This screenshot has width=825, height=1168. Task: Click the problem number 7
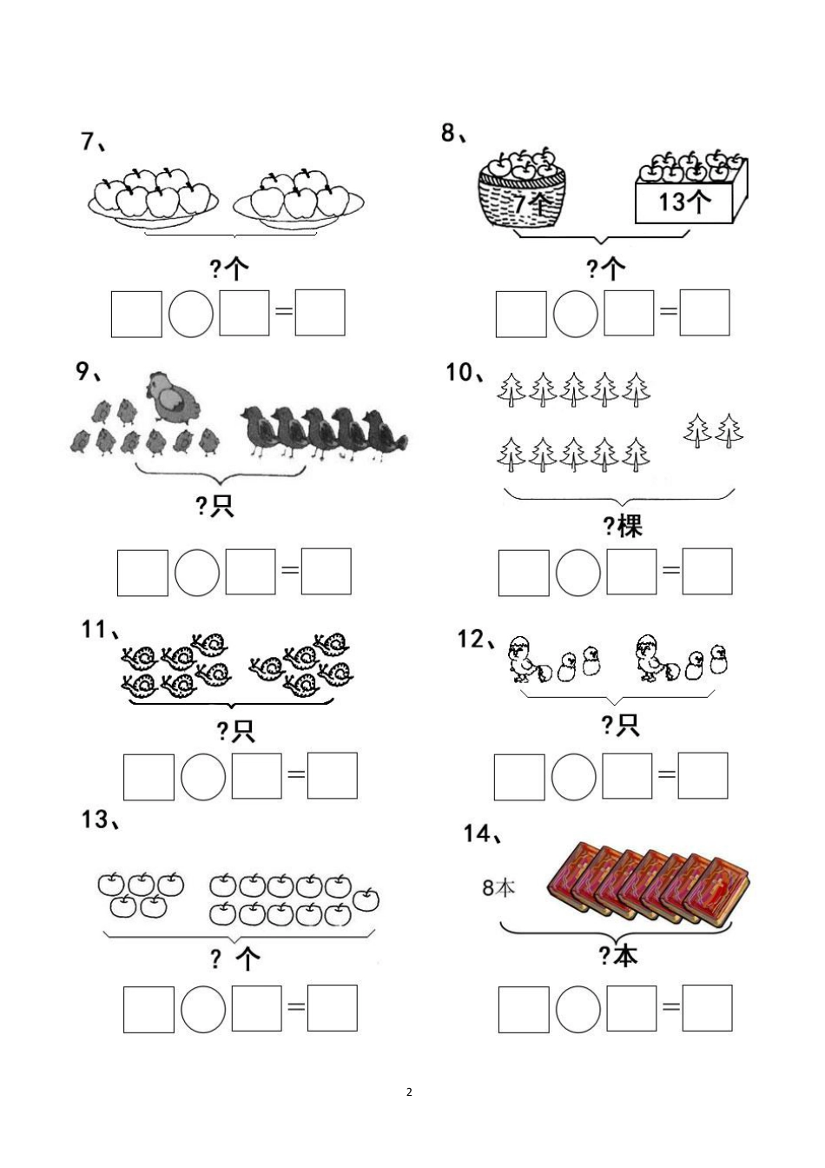(87, 141)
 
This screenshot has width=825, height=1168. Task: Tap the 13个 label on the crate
(684, 202)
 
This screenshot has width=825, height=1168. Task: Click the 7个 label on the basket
(530, 205)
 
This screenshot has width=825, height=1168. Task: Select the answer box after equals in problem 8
(704, 313)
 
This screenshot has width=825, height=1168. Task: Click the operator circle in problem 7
(191, 313)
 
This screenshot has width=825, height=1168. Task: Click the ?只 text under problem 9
(215, 506)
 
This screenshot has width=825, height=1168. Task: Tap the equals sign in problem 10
(670, 571)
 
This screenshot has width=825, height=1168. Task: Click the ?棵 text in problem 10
(623, 525)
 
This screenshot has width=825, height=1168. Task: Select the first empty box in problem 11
(148, 776)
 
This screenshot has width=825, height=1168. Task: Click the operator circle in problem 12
(574, 776)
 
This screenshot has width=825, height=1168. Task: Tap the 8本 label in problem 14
(498, 887)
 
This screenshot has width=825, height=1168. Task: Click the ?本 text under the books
(617, 955)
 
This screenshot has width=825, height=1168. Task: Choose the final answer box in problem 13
(333, 1008)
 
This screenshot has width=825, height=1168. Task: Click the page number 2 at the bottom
(409, 1092)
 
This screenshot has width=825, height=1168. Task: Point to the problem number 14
(478, 833)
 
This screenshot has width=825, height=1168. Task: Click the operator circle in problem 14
(577, 1008)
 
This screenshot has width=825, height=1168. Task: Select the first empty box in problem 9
(142, 572)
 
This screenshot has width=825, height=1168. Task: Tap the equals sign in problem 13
(295, 1008)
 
